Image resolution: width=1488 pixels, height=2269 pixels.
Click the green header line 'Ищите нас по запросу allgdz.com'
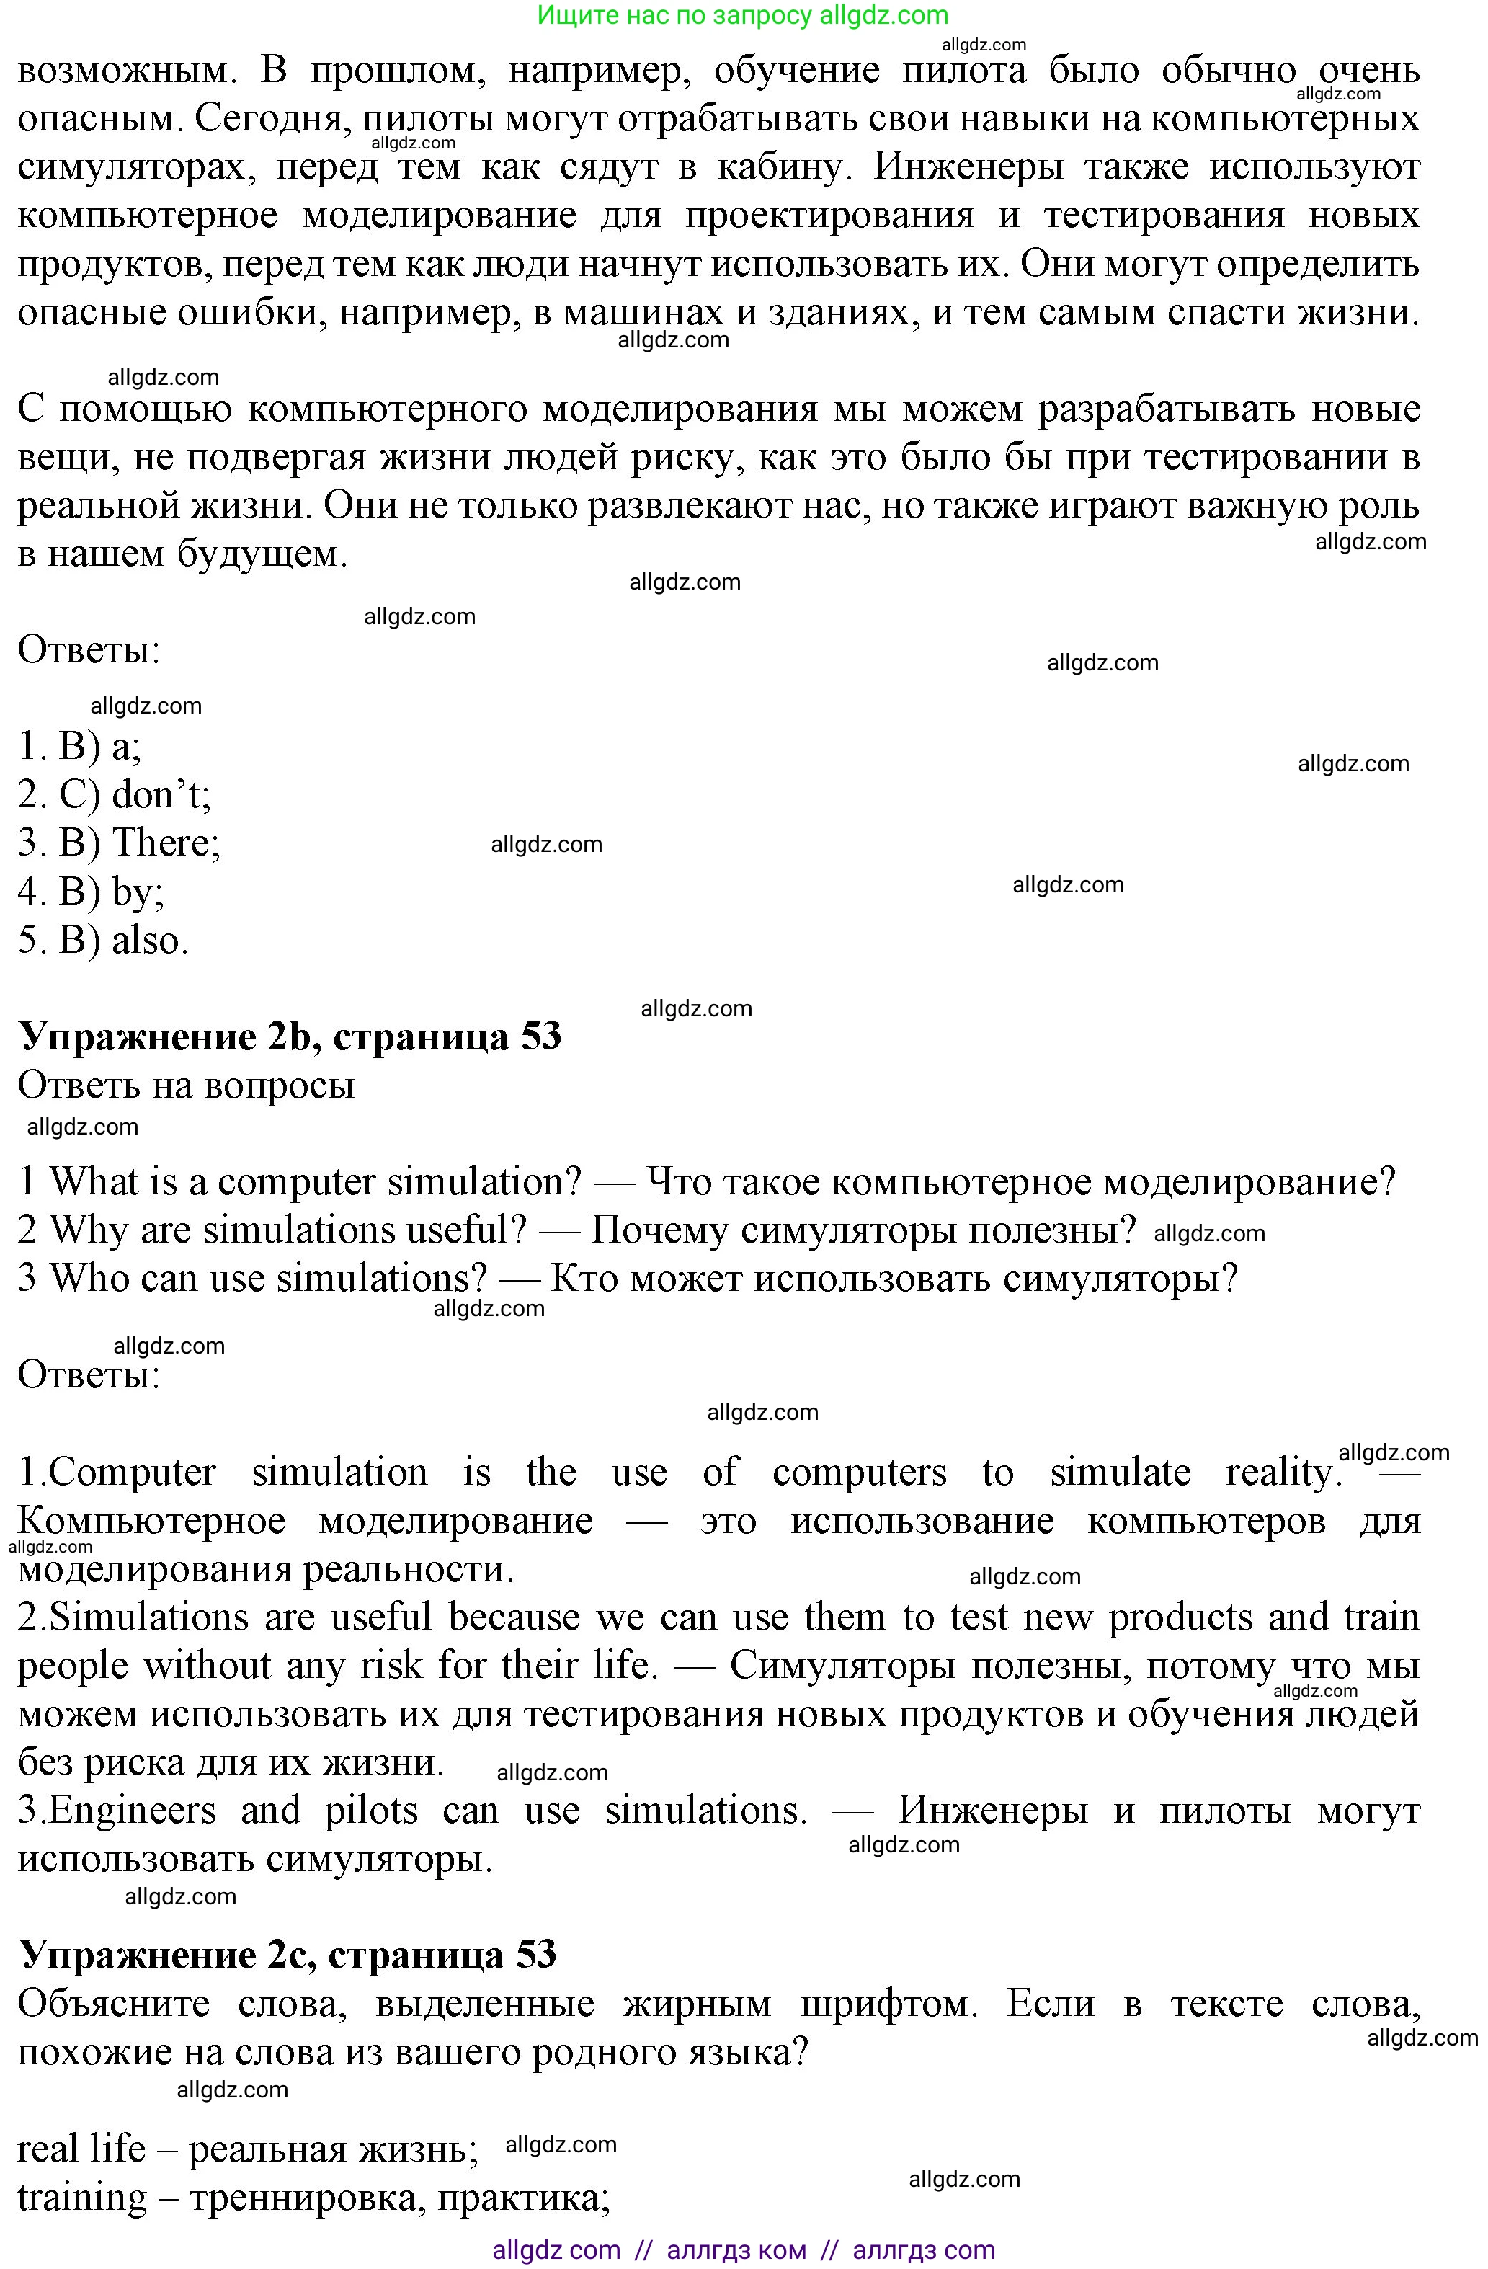coord(743,15)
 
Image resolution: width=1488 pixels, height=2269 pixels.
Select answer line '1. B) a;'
coord(80,747)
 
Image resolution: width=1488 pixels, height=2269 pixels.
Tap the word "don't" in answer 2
coord(160,795)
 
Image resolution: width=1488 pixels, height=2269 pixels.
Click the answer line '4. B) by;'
coord(91,892)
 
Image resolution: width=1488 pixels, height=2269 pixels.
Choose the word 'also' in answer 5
coord(148,941)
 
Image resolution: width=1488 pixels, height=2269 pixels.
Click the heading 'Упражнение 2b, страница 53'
coord(290,1037)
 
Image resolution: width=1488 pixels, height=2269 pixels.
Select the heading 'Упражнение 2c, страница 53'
coord(287,1955)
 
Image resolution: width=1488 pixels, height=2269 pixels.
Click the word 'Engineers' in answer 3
coord(133,1811)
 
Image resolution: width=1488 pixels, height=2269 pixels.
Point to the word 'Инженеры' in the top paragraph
coord(968,166)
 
